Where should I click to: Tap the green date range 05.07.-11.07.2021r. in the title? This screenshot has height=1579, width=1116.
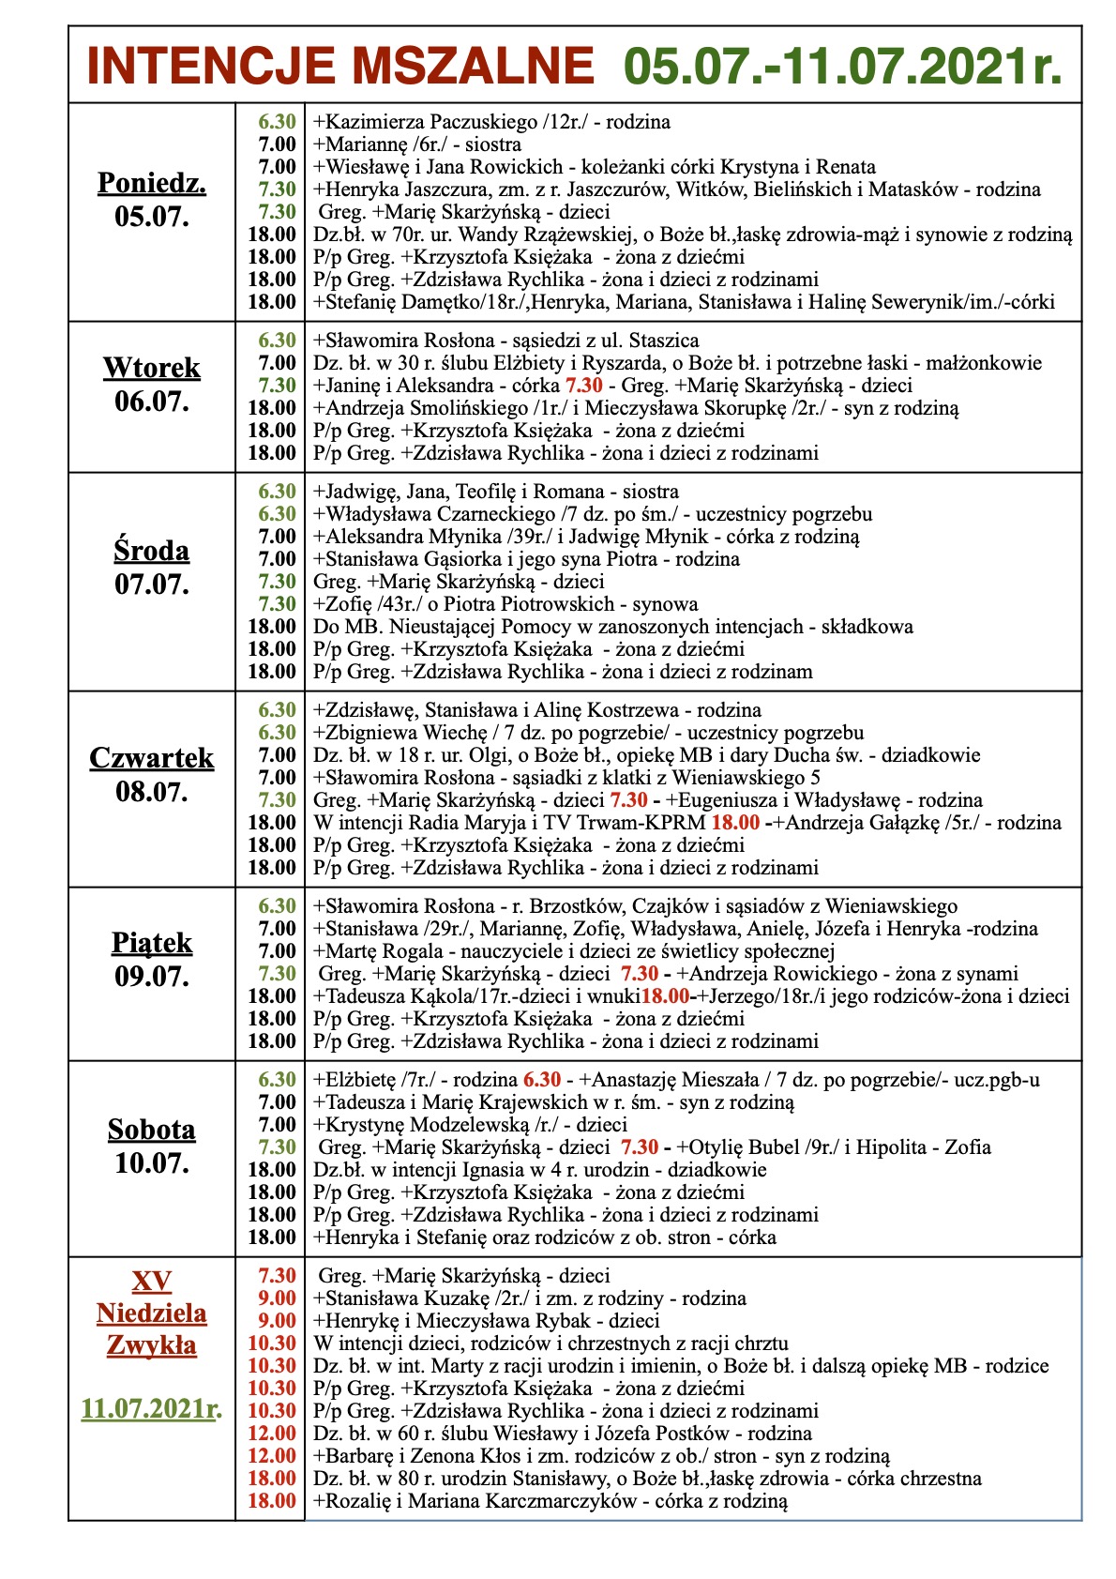tap(843, 67)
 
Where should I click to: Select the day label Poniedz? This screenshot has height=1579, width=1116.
tap(152, 183)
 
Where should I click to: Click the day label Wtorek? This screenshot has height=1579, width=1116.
tap(152, 368)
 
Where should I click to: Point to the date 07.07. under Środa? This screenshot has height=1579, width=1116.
tap(152, 585)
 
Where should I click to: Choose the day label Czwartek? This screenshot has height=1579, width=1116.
tap(152, 758)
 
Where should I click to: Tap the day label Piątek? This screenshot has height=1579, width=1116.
tap(152, 943)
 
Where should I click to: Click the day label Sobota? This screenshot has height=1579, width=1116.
tap(152, 1129)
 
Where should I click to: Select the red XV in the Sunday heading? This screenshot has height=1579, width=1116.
tap(152, 1281)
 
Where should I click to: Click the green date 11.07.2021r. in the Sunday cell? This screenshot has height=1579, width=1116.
tap(152, 1408)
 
